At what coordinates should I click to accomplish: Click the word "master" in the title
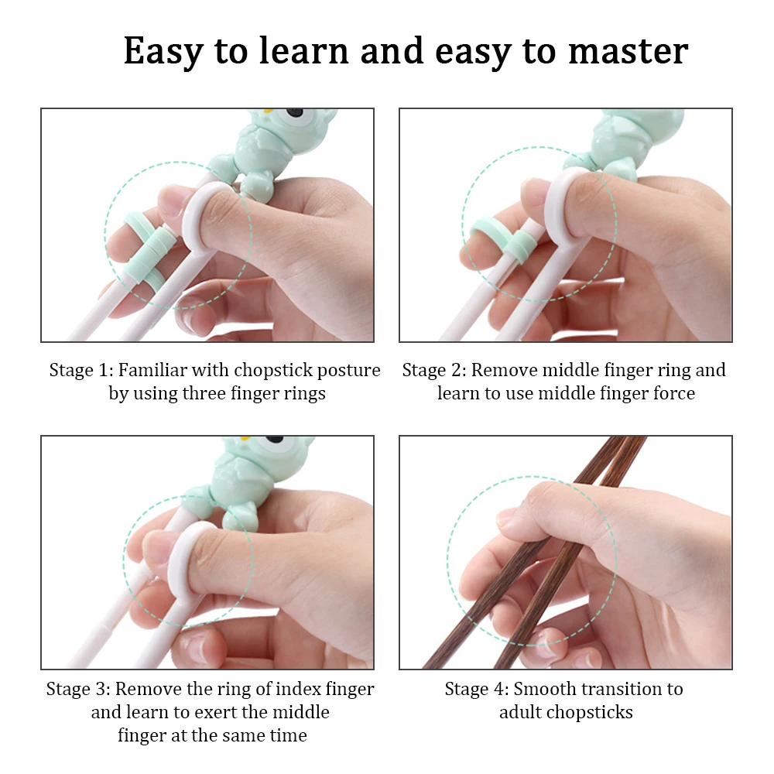point(628,51)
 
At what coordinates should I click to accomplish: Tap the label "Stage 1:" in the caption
point(81,370)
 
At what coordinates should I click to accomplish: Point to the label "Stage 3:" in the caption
point(78,689)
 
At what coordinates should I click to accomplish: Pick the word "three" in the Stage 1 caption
point(204,393)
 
